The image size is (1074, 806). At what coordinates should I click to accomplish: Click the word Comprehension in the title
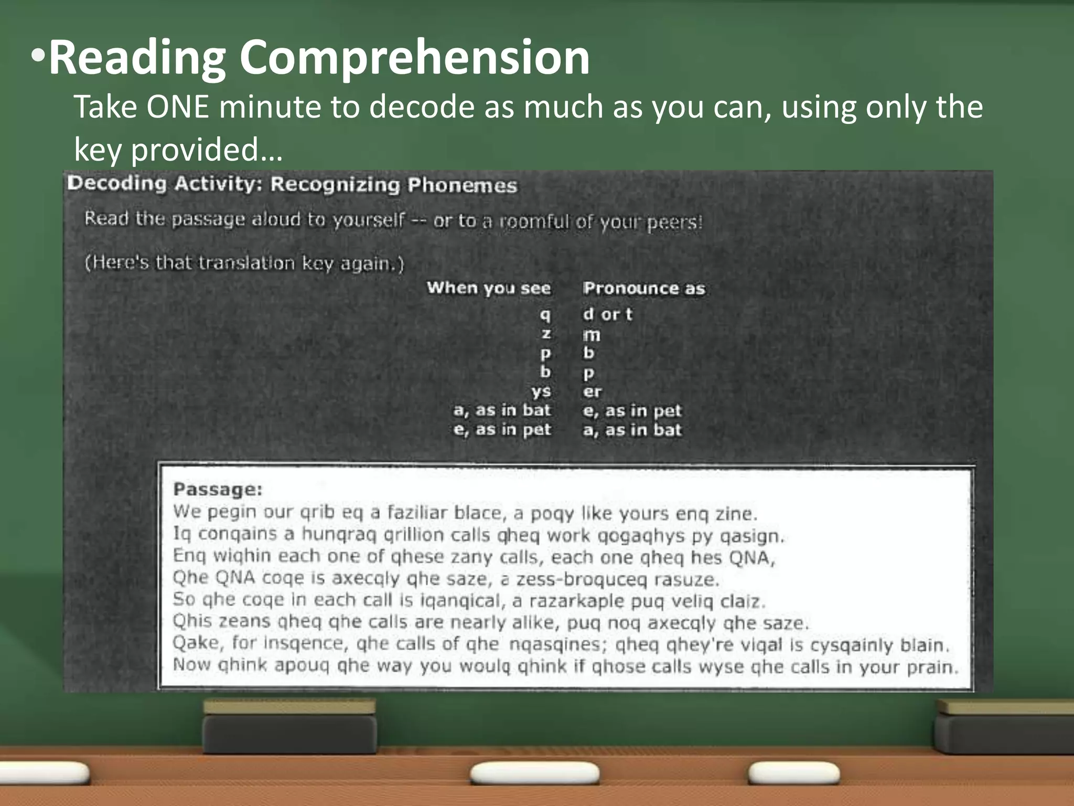tap(414, 59)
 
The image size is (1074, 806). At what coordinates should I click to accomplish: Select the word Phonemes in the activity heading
tap(462, 185)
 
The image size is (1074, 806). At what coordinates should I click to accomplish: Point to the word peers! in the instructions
tap(674, 222)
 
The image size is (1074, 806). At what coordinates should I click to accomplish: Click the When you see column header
tap(488, 288)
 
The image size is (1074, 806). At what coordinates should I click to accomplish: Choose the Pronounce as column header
tap(644, 288)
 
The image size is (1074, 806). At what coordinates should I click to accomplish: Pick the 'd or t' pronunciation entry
tap(607, 314)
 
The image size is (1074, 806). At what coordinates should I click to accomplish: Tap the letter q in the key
tap(545, 315)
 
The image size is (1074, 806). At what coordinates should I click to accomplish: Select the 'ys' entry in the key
tap(541, 391)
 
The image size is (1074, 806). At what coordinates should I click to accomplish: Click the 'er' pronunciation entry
tap(592, 391)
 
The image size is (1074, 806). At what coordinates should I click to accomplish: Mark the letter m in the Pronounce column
tap(592, 335)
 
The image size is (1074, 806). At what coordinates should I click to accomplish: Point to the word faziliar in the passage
tap(417, 512)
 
